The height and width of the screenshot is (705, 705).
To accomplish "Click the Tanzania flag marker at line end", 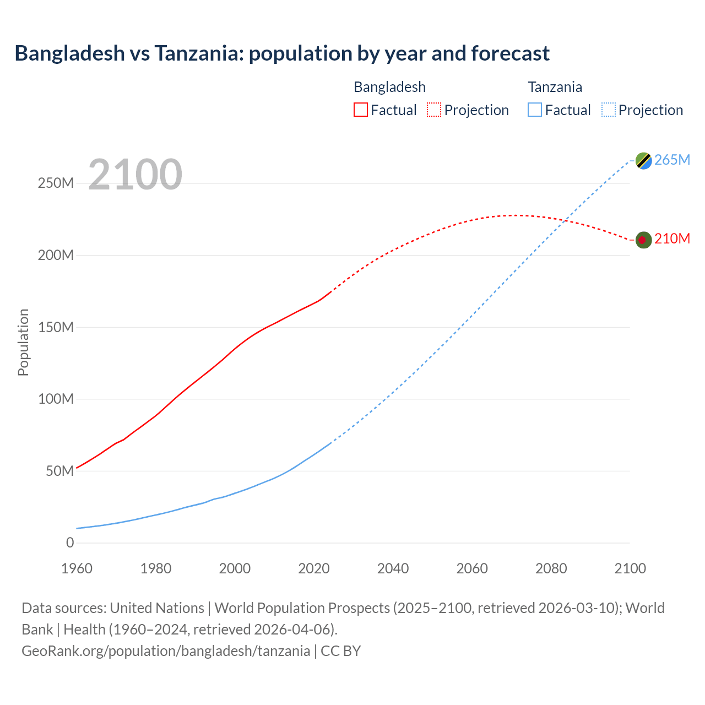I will pos(643,160).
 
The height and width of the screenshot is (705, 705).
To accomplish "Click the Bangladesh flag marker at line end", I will pos(643,240).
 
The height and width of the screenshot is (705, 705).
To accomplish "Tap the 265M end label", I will pos(673,160).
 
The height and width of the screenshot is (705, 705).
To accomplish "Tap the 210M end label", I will pos(673,238).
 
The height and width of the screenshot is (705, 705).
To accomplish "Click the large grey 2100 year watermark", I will pos(135,175).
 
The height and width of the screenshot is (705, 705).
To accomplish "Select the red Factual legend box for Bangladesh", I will pos(360,110).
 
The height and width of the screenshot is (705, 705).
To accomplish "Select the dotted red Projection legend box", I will pos(434,110).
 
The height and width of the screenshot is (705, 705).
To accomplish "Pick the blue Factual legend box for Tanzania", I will pos(535,110).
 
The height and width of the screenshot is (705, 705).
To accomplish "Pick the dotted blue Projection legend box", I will pos(608,110).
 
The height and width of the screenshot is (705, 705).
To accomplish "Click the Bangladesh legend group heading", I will pos(389,87).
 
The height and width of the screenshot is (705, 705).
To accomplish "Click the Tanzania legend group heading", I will pos(555,87).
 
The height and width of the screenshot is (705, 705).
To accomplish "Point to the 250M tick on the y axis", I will pos(56,183).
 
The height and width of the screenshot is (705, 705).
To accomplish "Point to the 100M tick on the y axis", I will pos(56,399).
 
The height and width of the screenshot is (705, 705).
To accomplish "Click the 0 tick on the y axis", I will pos(70,543).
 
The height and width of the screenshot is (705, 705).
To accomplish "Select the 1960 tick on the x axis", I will pos(77,568).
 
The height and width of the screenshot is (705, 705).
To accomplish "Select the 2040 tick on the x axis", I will pos(393,568).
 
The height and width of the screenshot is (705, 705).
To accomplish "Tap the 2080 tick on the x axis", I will pos(551,568).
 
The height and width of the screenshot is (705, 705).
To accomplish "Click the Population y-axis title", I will pos(23,343).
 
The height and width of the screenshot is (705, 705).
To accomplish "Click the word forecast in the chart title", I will pos(510,53).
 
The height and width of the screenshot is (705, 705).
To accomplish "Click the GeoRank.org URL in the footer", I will pos(166,651).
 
